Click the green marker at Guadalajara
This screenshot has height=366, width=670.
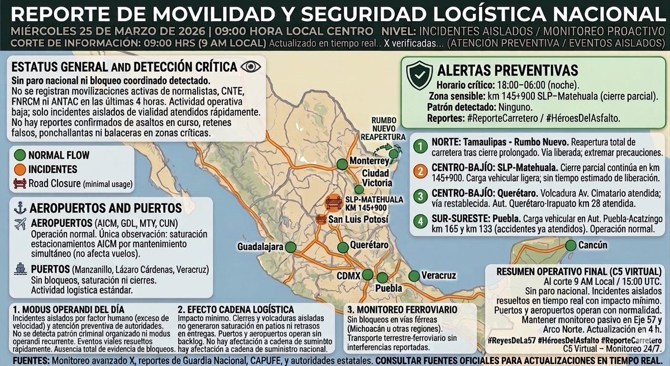pyautogui.click(x=290, y=247)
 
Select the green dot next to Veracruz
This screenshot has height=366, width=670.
pyautogui.click(x=414, y=275)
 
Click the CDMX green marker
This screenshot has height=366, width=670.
pyautogui.click(x=367, y=274)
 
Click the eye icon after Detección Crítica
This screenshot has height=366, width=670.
pyautogui.click(x=251, y=66)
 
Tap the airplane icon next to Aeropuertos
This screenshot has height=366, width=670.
pyautogui.click(x=21, y=224)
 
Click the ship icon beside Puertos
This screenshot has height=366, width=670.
pyautogui.click(x=20, y=269)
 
